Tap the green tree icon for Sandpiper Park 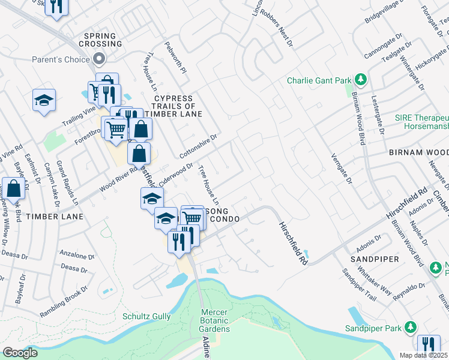411,328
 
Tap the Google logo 20,353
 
